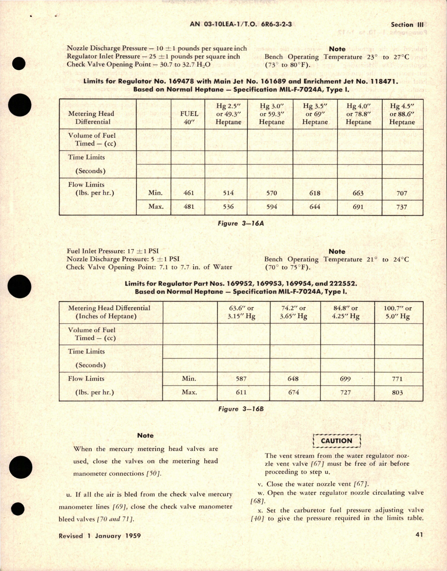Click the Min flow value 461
[x=188, y=193]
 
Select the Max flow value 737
[x=402, y=207]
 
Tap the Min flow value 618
[x=315, y=193]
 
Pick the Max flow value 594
[x=272, y=207]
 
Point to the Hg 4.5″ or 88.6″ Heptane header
[x=402, y=114]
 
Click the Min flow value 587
[x=241, y=379]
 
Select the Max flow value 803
[x=397, y=393]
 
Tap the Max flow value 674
[x=293, y=392]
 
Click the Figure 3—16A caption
[x=241, y=223]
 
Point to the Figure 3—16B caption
[x=241, y=409]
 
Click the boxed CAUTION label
[x=336, y=441]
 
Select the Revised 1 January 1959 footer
[x=100, y=536]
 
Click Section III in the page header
[x=407, y=25]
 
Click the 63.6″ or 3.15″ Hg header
[x=241, y=312]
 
